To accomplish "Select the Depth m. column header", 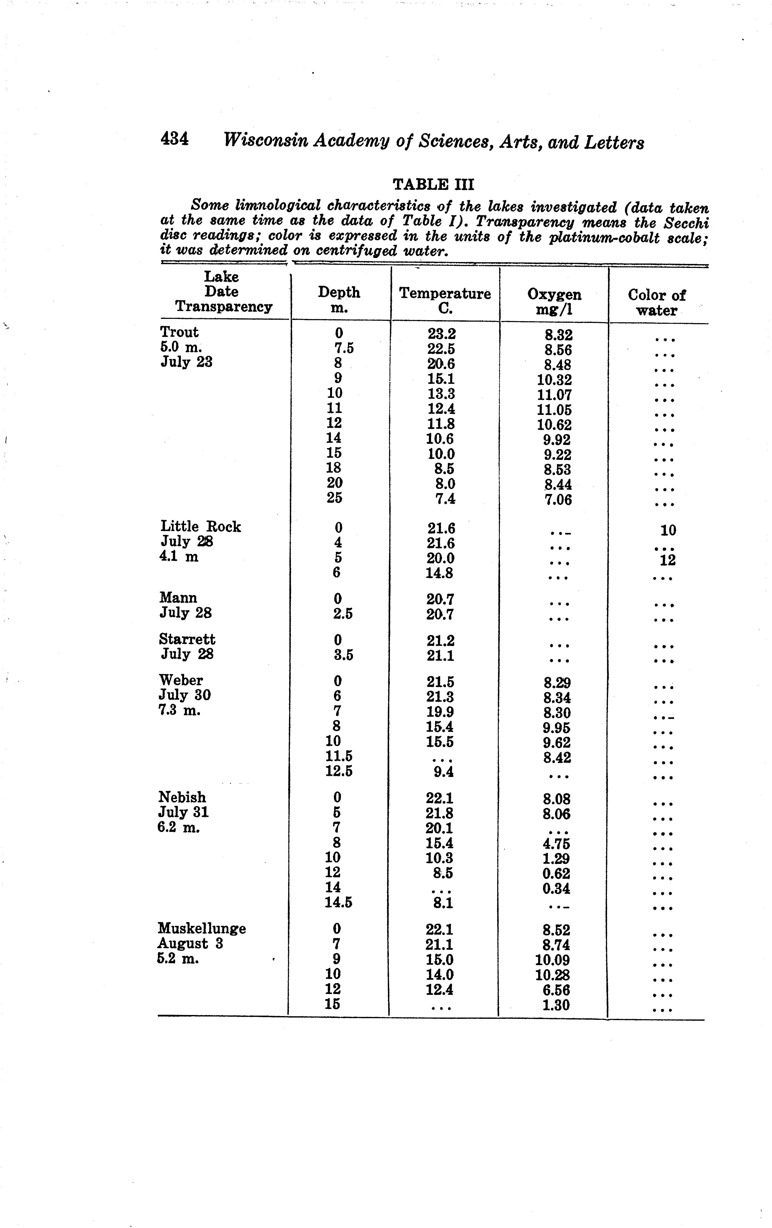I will tap(339, 300).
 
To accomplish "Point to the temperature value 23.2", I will tap(441, 334).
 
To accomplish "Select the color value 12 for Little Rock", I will tap(667, 561).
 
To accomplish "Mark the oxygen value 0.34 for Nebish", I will tap(556, 889).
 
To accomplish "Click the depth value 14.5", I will tap(338, 903).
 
